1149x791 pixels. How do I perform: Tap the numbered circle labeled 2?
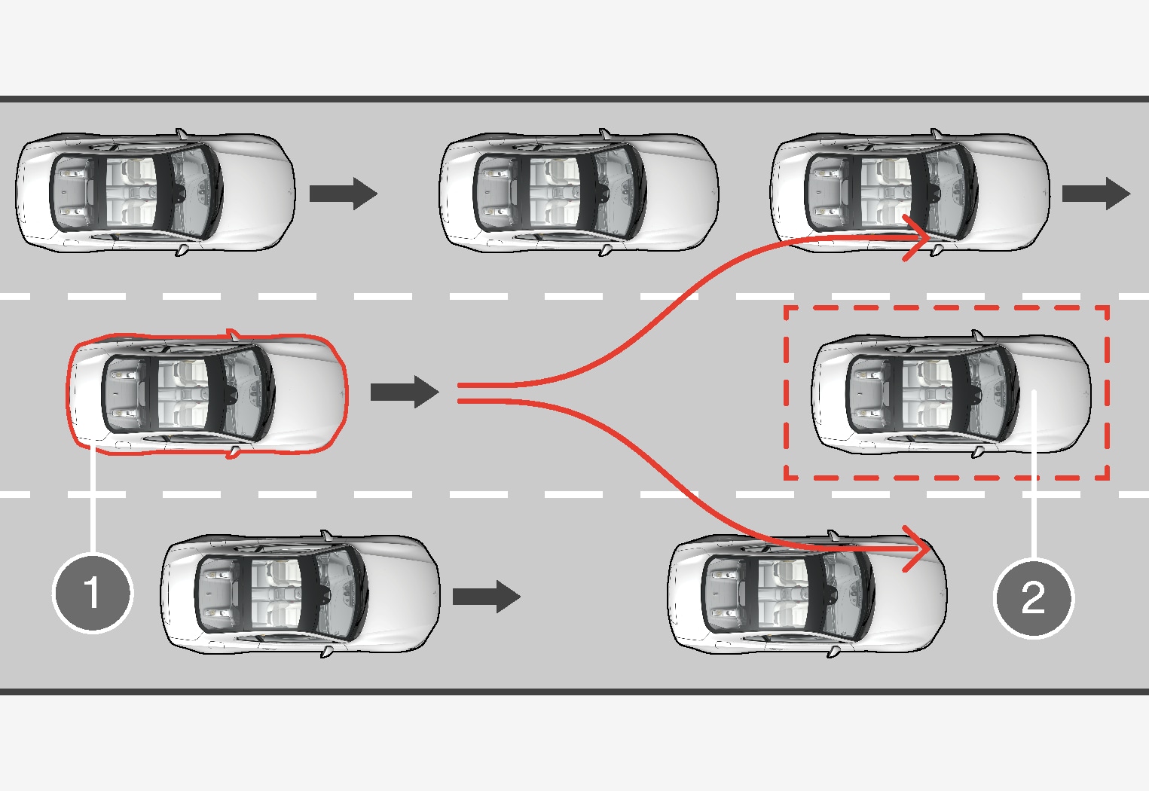pos(1033,598)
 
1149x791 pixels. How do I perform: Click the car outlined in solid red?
pos(207,393)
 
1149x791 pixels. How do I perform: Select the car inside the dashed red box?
pos(951,393)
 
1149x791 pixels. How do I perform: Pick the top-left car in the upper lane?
pos(155,192)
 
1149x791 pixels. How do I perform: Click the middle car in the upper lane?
pos(579,192)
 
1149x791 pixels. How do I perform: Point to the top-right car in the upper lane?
pos(910,192)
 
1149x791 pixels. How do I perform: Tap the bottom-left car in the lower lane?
pos(300,594)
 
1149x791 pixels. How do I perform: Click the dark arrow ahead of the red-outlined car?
pos(405,392)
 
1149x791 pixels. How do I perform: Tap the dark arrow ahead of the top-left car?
pos(343,193)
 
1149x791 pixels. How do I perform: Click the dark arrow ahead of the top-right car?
pos(1096,193)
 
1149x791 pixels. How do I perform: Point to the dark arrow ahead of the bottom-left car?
pos(486,597)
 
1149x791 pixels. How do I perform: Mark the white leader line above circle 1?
pos(93,497)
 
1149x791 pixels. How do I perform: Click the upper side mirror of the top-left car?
pos(181,133)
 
